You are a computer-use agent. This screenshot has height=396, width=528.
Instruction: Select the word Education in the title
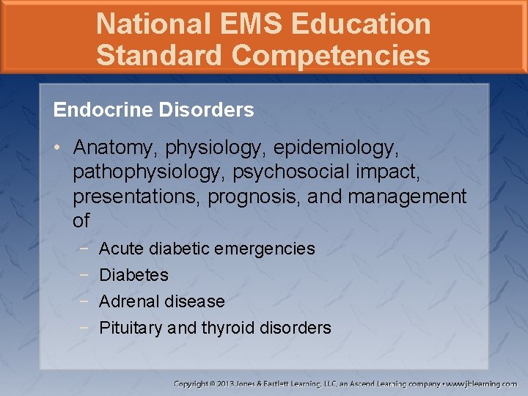pyautogui.click(x=361, y=23)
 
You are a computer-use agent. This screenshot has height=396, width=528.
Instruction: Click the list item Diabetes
pyautogui.click(x=133, y=275)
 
